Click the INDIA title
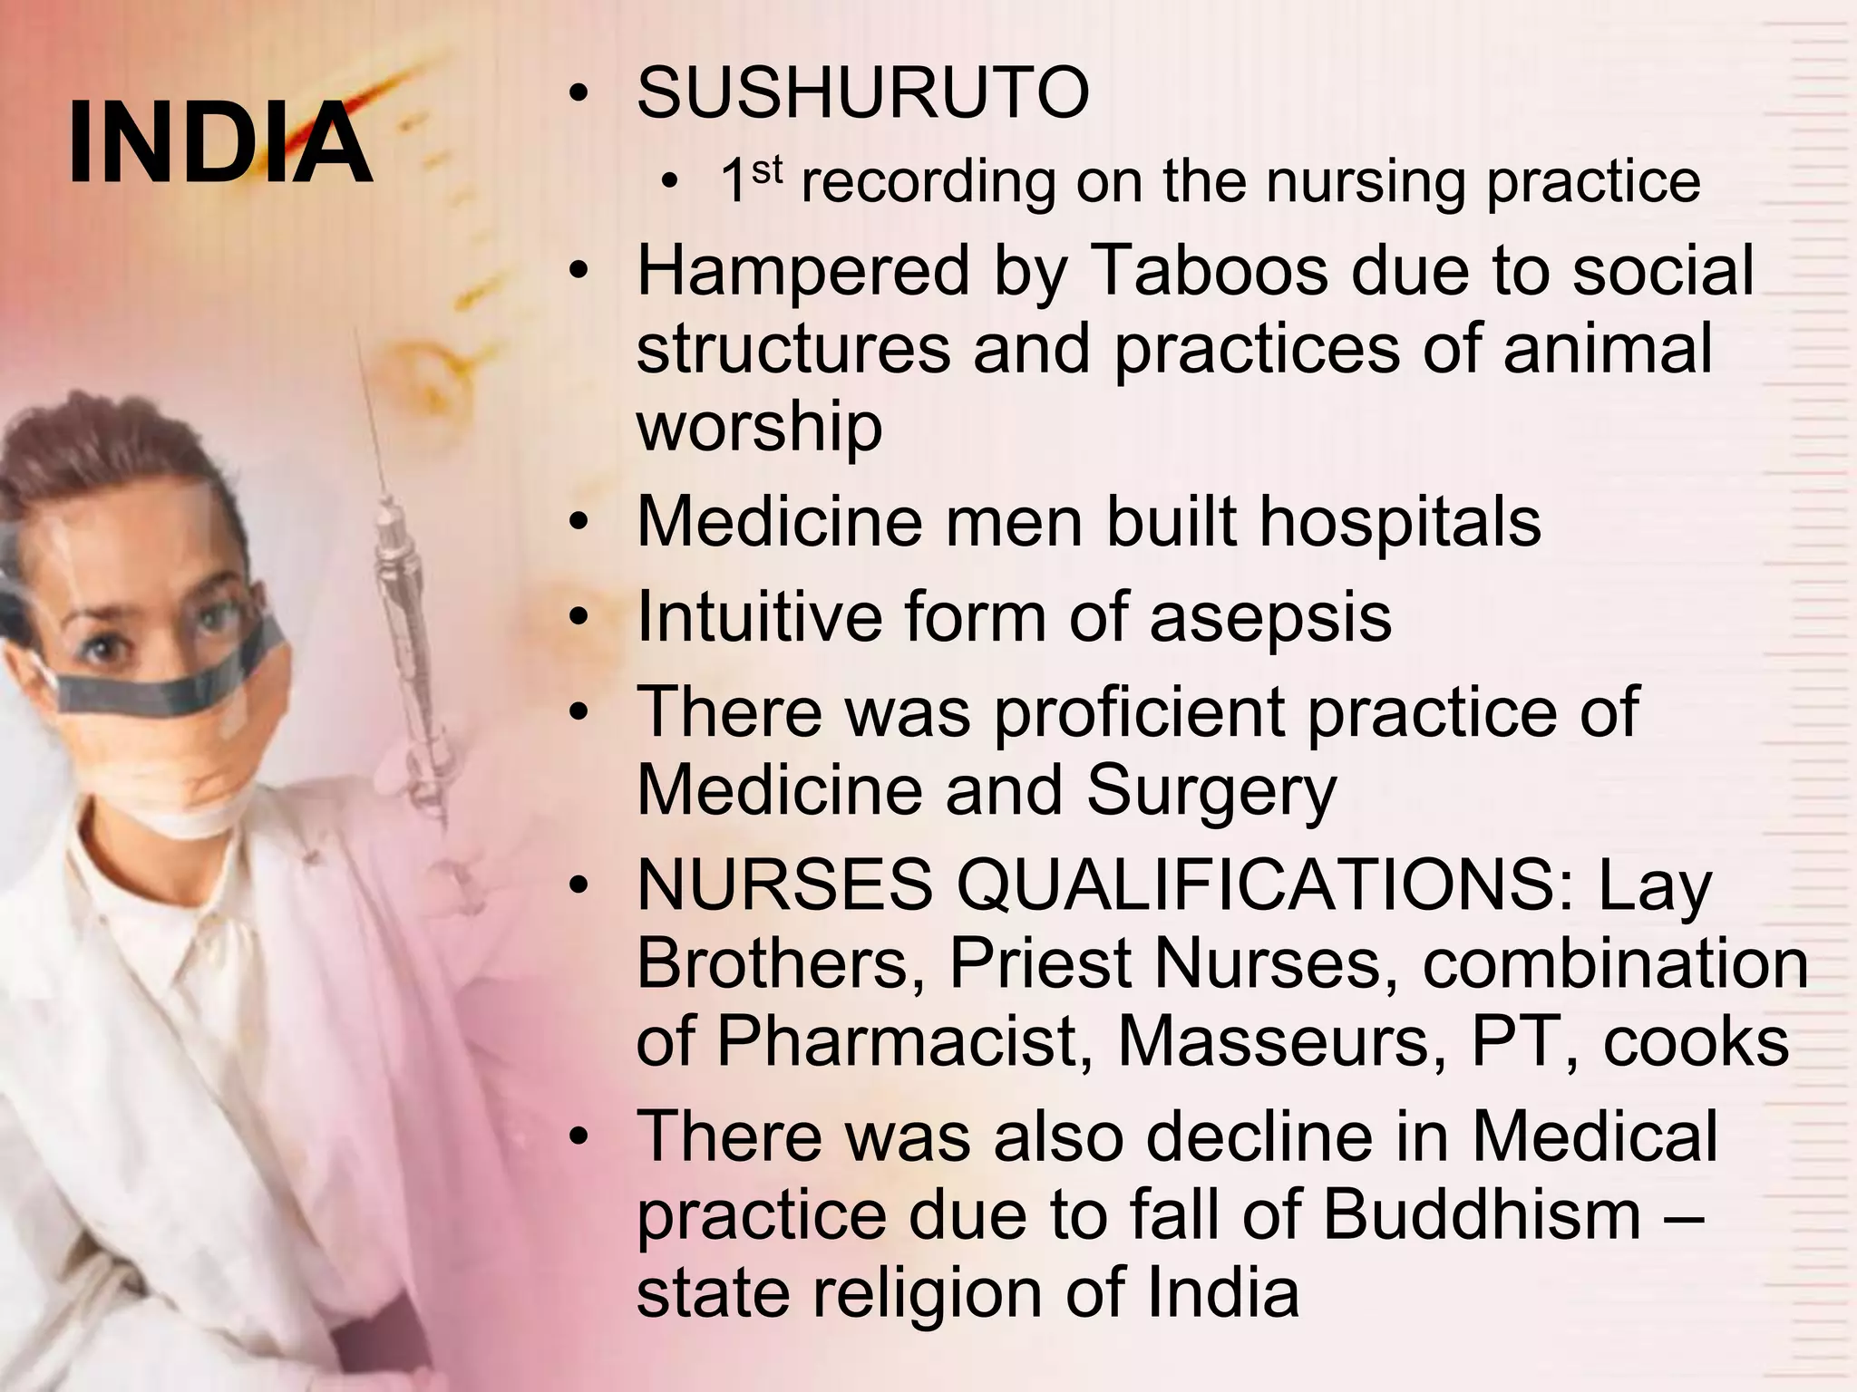[x=219, y=142]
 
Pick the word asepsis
[x=1269, y=618]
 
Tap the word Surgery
[x=1210, y=790]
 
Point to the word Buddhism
[x=1482, y=1213]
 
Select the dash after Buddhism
[x=1684, y=1213]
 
